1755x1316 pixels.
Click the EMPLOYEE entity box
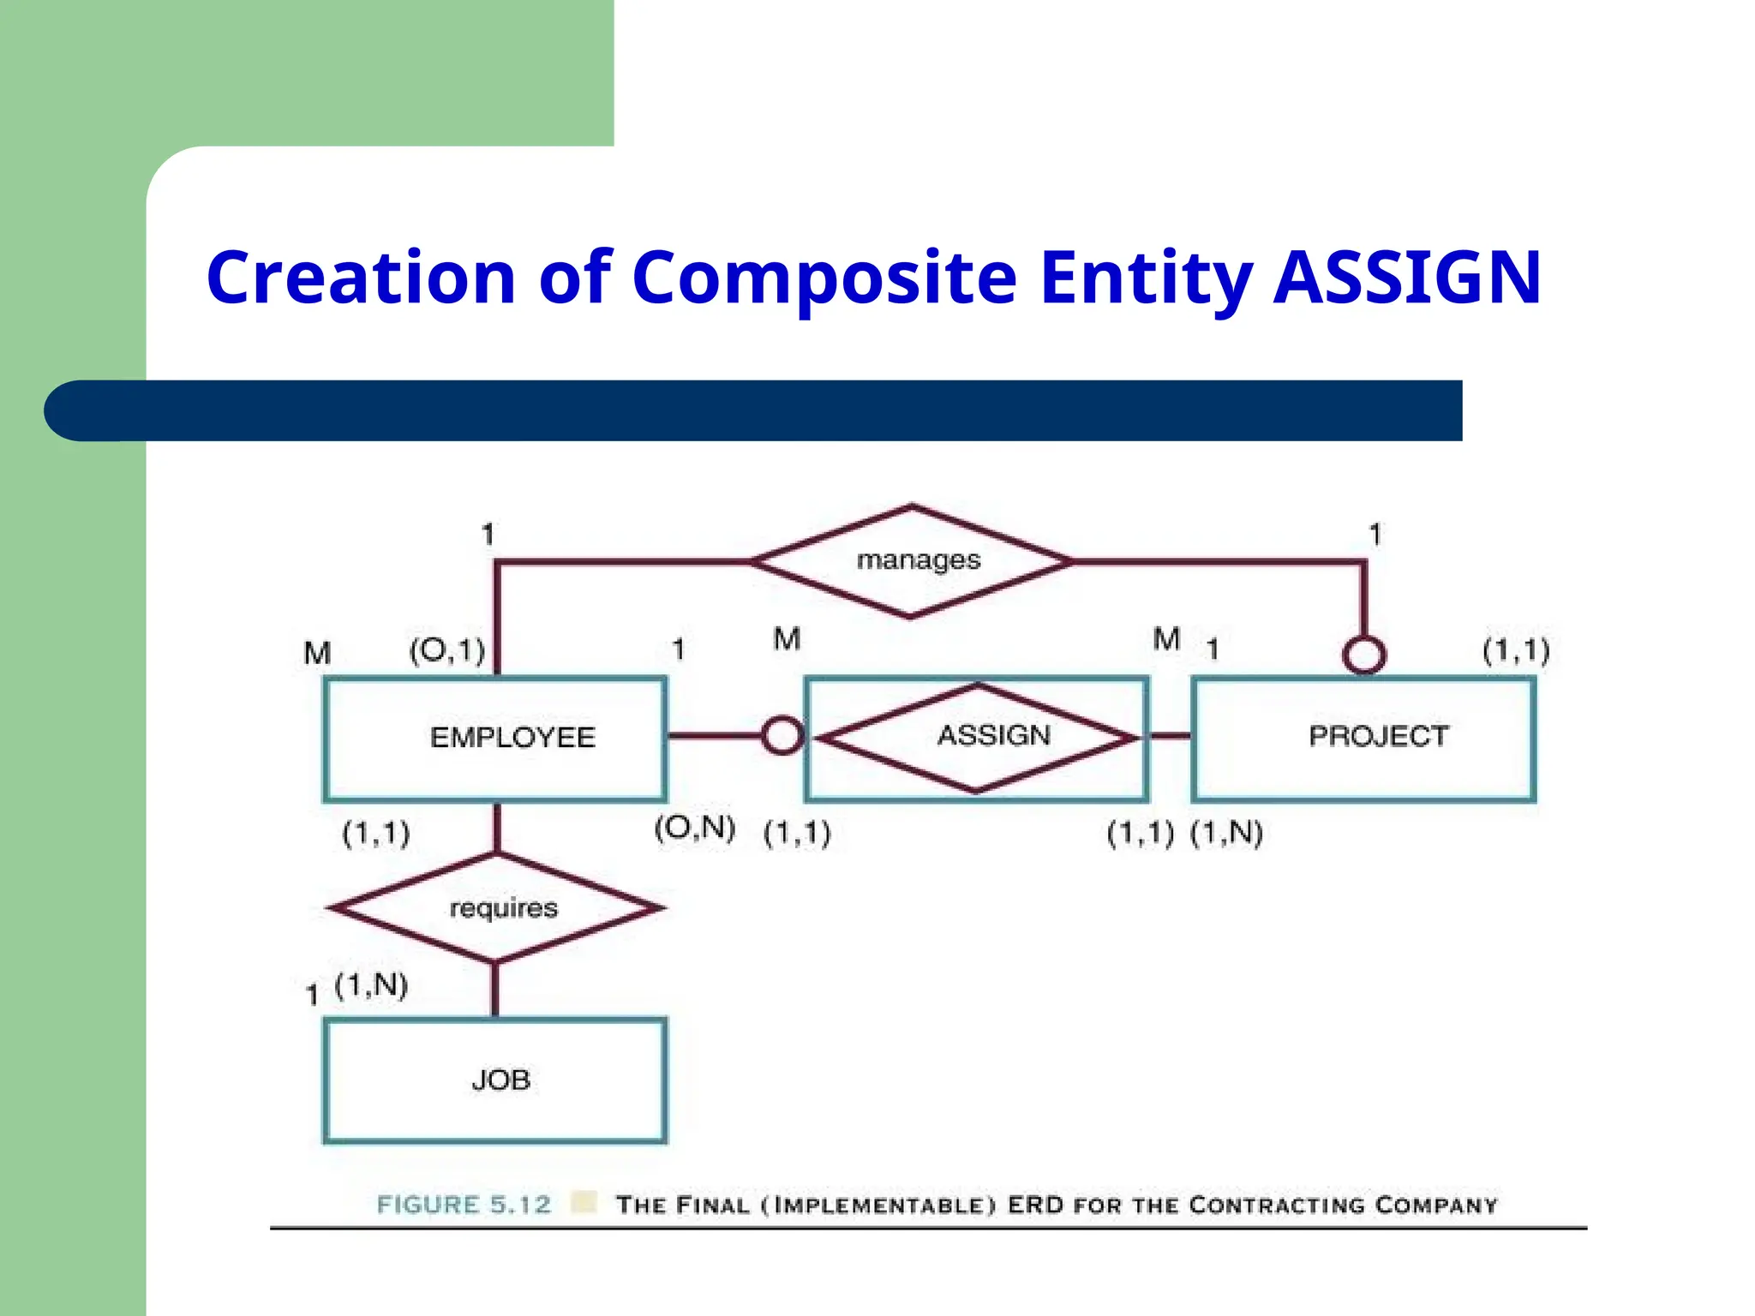pos(494,739)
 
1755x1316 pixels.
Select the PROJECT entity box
pos(1363,739)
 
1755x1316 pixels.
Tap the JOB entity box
pos(494,1080)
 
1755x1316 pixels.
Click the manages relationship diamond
pos(912,561)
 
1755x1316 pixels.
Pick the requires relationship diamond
pos(496,907)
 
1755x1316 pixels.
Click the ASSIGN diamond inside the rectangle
pos(977,736)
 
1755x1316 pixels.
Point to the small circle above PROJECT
pos(1364,655)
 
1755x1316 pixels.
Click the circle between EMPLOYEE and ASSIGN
pos(782,735)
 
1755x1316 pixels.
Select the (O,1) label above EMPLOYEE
pos(447,651)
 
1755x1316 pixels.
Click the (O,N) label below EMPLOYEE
pos(694,828)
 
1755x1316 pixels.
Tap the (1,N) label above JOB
pos(371,986)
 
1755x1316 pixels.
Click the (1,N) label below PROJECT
pos(1226,833)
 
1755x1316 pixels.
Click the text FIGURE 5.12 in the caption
pos(464,1205)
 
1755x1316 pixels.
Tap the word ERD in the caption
pos(1035,1205)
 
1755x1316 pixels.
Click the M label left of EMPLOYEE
pos(317,654)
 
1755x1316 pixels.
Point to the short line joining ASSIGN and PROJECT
pos(1170,735)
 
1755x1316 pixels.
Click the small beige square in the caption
pos(584,1202)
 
